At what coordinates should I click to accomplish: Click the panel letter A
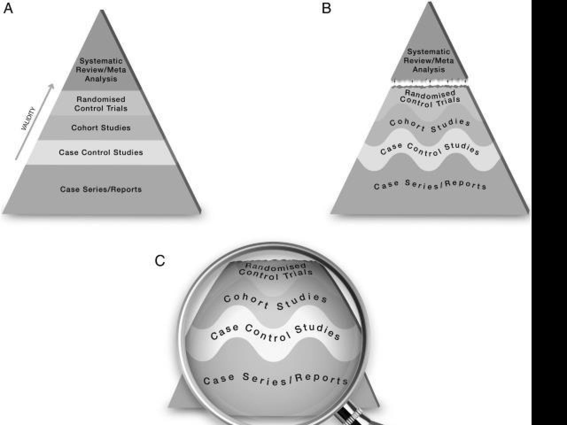point(8,8)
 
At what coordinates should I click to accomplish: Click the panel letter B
point(326,8)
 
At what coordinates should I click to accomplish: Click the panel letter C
point(159,261)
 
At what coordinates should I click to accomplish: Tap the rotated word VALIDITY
point(28,119)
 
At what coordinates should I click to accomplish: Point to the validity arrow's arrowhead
point(52,86)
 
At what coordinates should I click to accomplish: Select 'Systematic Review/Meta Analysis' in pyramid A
point(101,70)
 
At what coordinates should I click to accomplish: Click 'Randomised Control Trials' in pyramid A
point(101,104)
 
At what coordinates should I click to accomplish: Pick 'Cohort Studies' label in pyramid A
point(101,128)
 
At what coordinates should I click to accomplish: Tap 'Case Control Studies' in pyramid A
point(101,152)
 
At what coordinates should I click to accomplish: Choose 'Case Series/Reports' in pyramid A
point(101,189)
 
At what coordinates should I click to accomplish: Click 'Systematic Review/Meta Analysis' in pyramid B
point(429,61)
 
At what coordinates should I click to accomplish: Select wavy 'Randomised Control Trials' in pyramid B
point(430,98)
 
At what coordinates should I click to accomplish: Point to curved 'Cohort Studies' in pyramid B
point(430,124)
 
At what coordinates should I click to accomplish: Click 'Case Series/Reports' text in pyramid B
point(430,185)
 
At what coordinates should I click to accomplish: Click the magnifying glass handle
point(354,414)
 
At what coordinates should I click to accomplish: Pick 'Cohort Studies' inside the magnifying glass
point(276,301)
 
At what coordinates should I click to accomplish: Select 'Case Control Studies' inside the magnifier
point(276,333)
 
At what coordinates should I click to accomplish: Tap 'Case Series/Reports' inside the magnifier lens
point(276,379)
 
